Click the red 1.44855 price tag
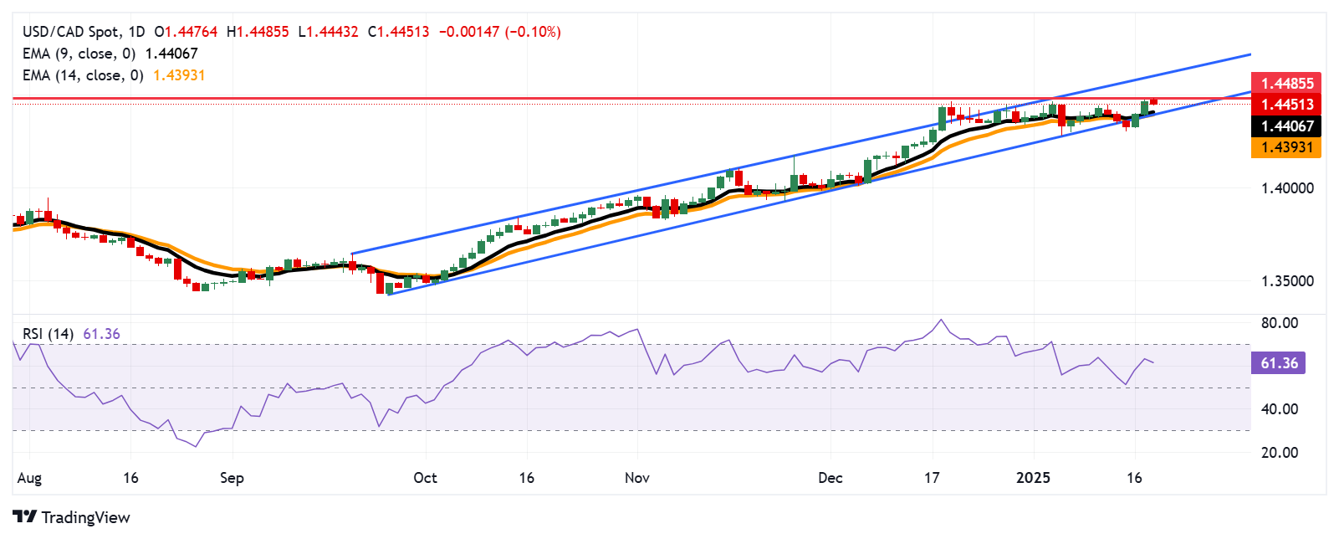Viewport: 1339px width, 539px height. coord(1286,83)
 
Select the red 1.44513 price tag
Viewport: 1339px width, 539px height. coord(1286,105)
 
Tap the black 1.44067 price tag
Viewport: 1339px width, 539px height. coord(1286,126)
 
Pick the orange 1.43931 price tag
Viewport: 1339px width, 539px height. coord(1286,147)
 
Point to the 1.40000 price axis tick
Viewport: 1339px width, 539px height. coord(1287,188)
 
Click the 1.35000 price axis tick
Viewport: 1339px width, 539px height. coord(1287,281)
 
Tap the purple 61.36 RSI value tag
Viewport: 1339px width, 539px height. coord(1279,363)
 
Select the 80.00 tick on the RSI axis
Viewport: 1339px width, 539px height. coord(1280,323)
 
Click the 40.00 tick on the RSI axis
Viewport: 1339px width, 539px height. coord(1280,409)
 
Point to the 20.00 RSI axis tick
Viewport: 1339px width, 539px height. coord(1280,453)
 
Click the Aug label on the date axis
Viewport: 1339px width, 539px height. coord(29,478)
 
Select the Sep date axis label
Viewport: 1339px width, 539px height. coord(232,478)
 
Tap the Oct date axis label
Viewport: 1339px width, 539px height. coord(425,478)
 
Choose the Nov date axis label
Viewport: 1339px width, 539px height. coord(637,478)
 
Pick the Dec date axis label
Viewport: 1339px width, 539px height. coord(830,478)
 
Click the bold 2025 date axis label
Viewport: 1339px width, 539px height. coord(1033,478)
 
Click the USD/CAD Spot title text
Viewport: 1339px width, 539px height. coord(71,32)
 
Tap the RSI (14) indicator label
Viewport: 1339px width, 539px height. coord(48,334)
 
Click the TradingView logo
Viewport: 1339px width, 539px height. coord(72,517)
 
